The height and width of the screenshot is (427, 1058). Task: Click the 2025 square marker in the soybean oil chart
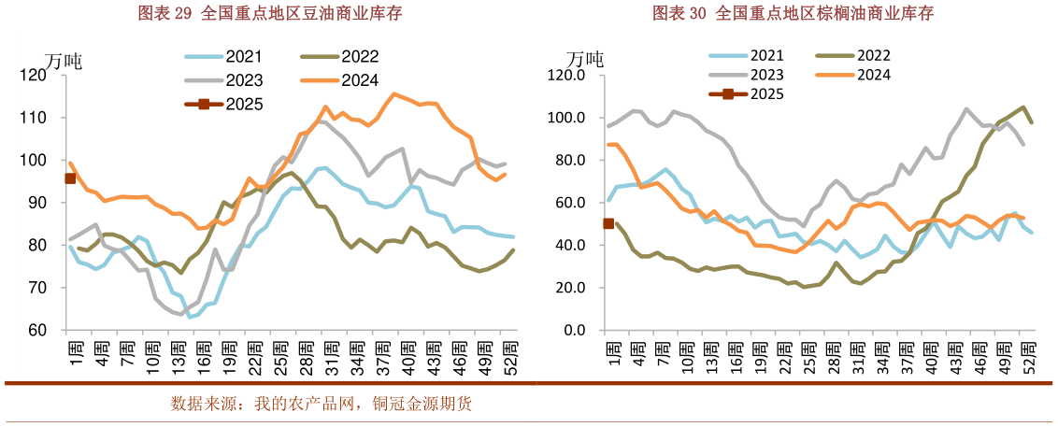pos(69,178)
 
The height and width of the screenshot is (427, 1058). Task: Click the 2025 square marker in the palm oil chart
pos(608,223)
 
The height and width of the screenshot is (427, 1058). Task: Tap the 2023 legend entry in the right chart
pos(747,75)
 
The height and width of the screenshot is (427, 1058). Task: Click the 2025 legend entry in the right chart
pos(747,93)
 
